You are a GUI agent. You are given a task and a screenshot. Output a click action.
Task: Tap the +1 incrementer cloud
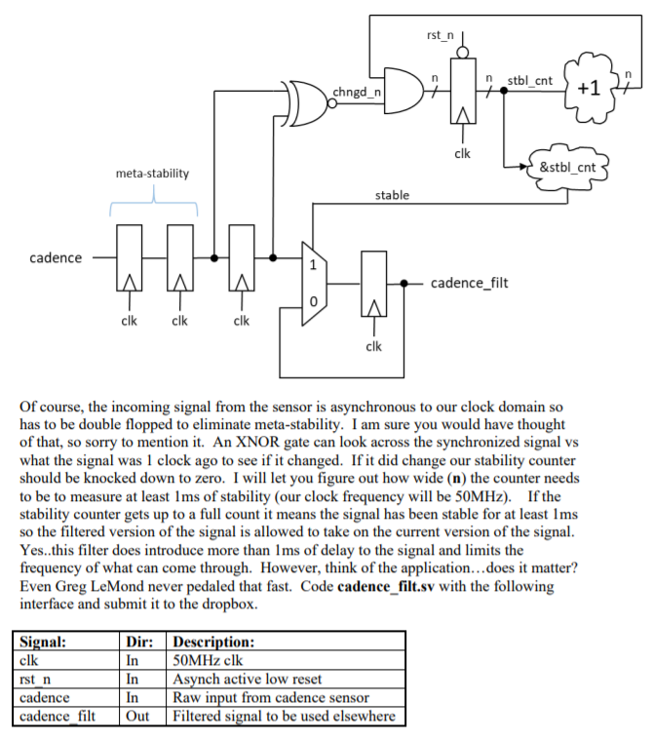click(x=588, y=87)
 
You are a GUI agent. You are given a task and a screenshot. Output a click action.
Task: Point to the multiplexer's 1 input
click(x=313, y=264)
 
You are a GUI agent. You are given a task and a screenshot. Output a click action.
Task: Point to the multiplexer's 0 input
click(x=313, y=302)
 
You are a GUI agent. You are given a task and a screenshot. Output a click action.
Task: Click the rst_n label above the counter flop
click(x=441, y=36)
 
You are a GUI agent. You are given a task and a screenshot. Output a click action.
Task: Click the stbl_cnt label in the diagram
click(x=530, y=79)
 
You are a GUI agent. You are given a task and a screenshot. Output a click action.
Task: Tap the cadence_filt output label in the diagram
click(x=469, y=284)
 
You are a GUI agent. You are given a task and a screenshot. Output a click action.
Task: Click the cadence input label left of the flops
click(x=56, y=258)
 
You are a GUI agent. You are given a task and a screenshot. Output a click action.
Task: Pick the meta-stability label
click(x=152, y=174)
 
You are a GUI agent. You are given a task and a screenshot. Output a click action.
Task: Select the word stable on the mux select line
click(x=392, y=195)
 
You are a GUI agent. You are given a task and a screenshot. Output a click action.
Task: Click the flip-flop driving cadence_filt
click(x=374, y=283)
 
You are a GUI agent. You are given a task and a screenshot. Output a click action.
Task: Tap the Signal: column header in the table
click(x=43, y=643)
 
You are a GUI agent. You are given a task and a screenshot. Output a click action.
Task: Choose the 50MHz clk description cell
click(x=203, y=661)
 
